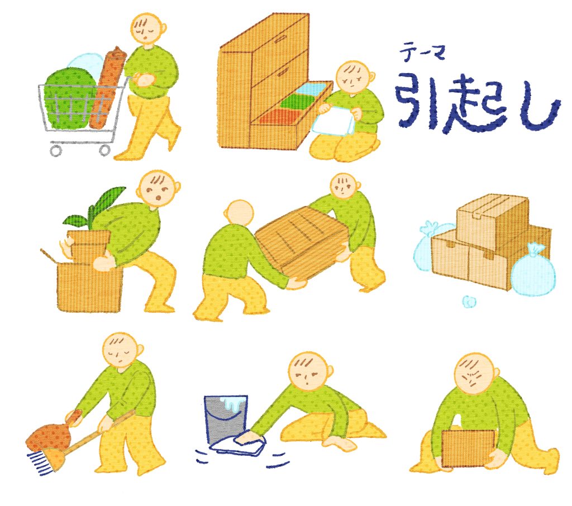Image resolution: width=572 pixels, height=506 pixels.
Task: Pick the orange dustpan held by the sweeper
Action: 50,435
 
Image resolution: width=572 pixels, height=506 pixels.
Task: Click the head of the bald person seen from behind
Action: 239,212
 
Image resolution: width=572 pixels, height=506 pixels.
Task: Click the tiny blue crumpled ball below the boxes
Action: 468,301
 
